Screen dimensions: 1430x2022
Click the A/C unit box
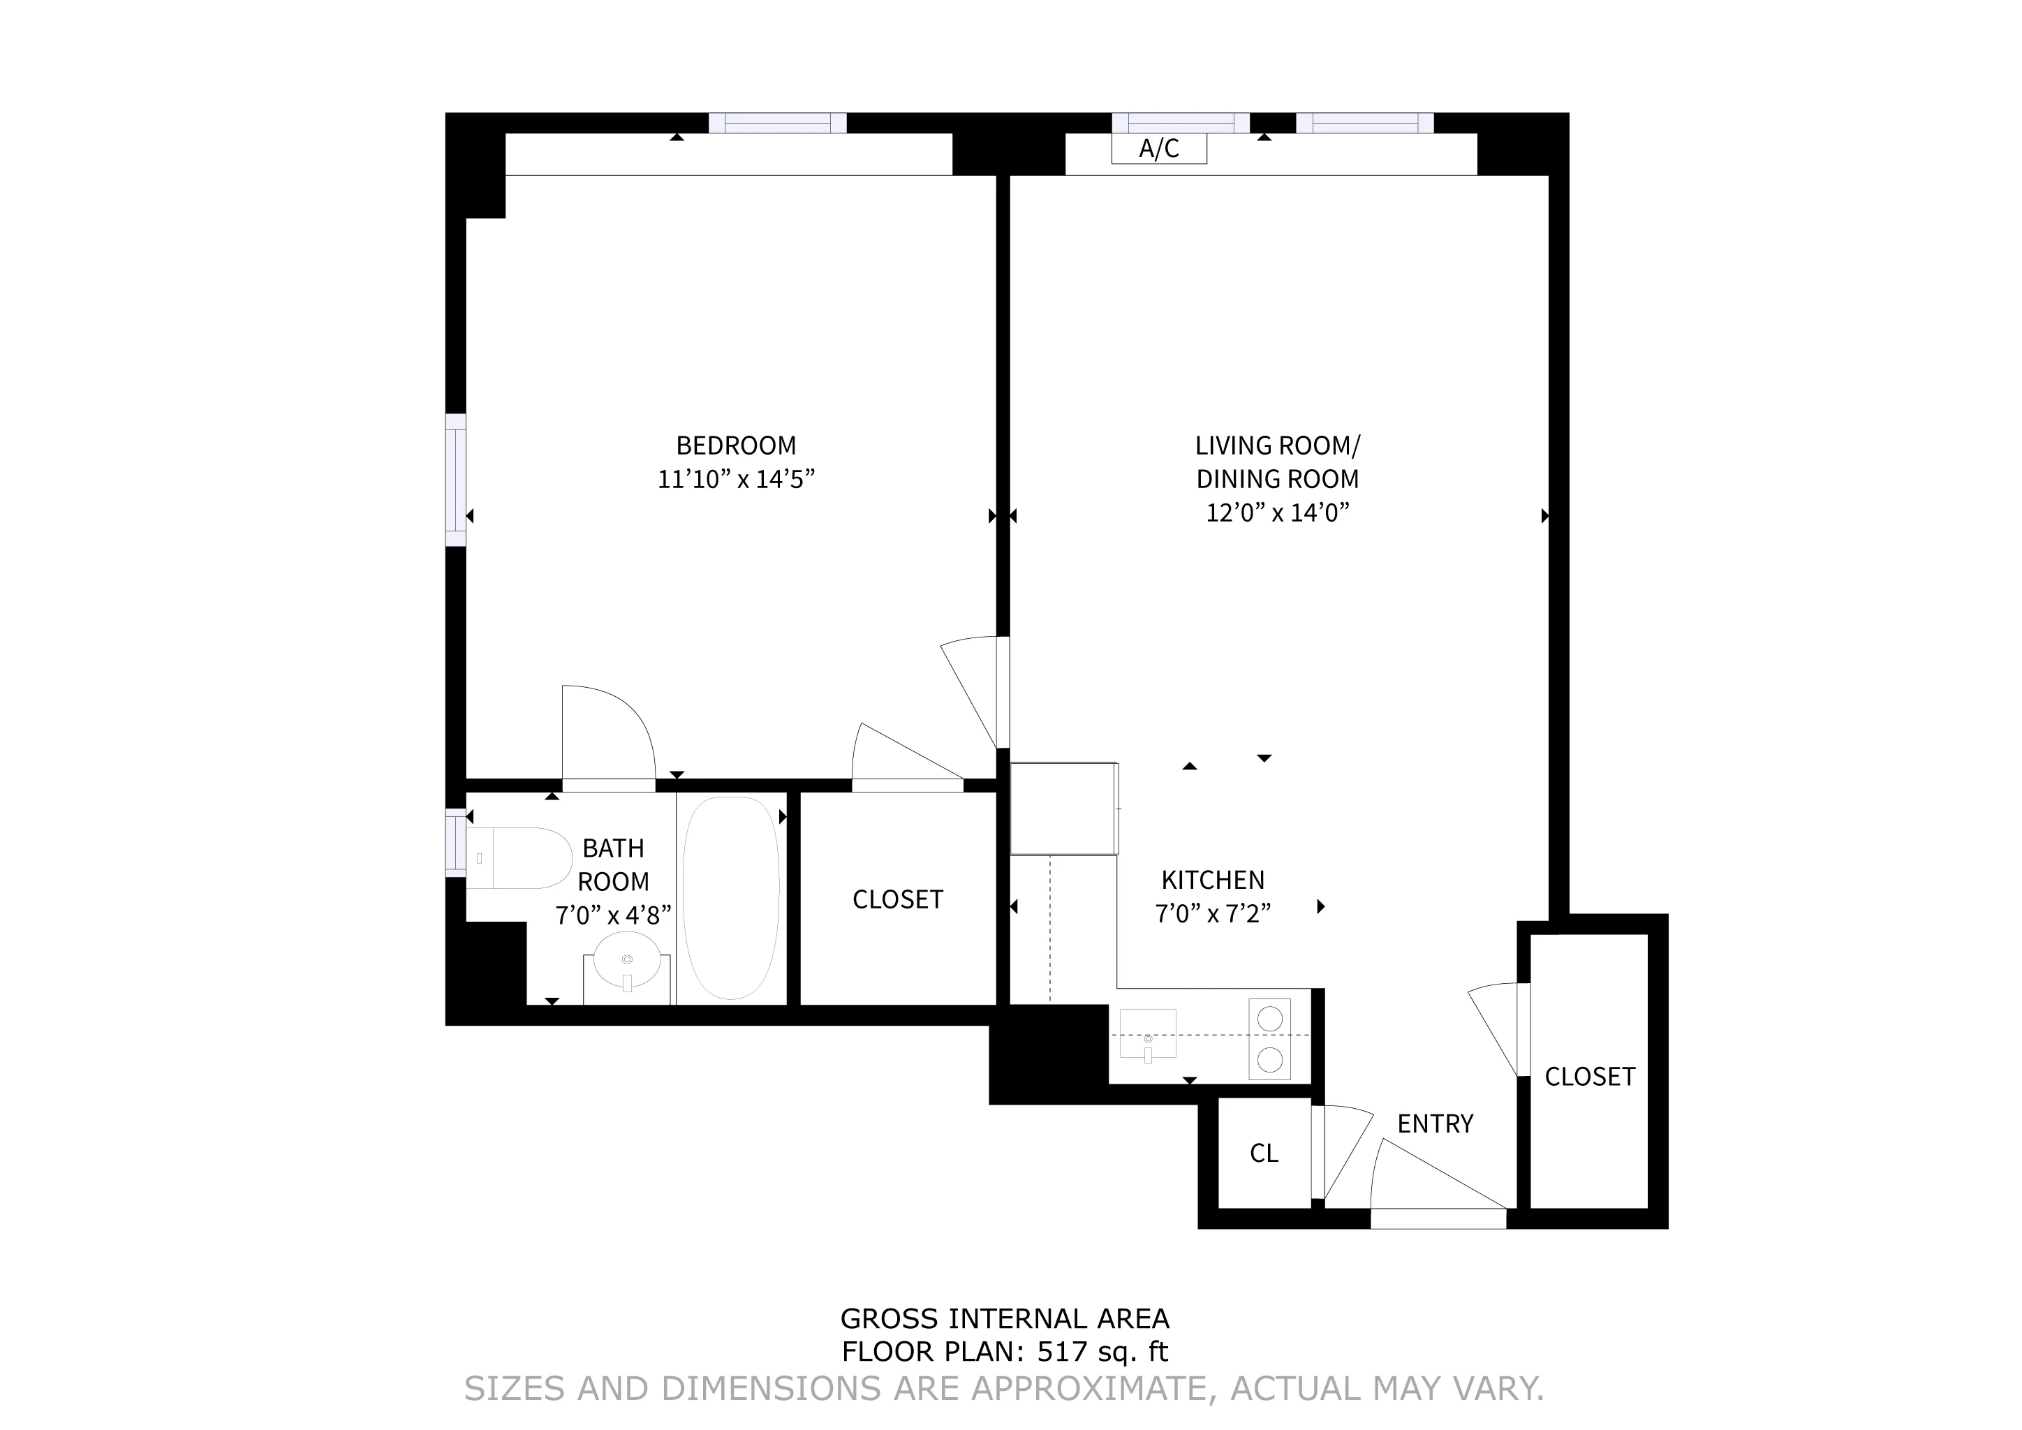pos(1158,149)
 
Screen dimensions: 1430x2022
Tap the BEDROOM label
pos(735,445)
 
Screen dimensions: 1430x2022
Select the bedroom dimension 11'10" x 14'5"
pos(735,479)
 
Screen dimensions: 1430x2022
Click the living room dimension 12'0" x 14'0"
pos(1277,513)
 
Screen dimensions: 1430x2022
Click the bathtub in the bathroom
pos(731,898)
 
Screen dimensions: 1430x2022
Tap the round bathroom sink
pos(627,961)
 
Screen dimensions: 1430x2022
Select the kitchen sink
pos(1148,1035)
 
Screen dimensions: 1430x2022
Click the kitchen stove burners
pos(1269,1039)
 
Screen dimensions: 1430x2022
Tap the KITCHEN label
pos(1213,880)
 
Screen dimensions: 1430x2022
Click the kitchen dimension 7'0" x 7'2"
pos(1213,914)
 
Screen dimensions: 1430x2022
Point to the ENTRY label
pos(1435,1123)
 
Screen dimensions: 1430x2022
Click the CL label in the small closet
pos(1264,1153)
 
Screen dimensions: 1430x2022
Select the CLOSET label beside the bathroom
pos(897,899)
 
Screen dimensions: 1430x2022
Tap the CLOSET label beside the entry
pos(1590,1076)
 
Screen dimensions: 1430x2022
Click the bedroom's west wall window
pos(455,480)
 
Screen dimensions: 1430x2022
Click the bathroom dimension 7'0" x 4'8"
pos(613,916)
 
